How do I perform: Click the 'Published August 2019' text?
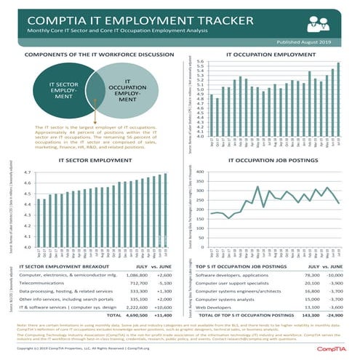313,43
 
